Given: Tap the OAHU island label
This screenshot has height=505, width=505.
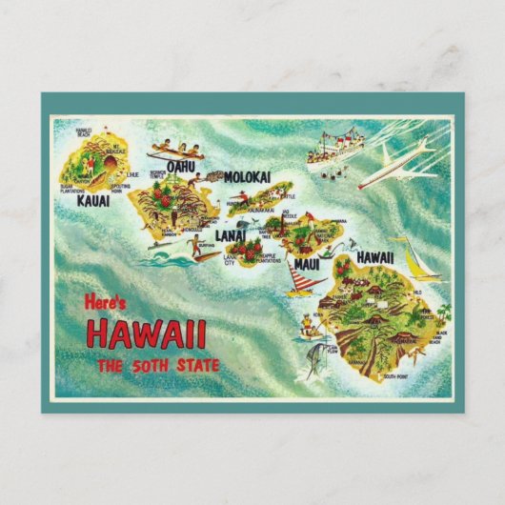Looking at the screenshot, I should point(180,167).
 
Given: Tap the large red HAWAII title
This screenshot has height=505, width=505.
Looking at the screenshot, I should point(146,334).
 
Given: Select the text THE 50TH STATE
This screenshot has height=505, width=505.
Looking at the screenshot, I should point(158,366).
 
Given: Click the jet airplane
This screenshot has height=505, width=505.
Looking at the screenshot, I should point(398,162).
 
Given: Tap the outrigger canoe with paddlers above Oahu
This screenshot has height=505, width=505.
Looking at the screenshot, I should point(177,151).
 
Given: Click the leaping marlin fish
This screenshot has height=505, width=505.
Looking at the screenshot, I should point(313,356).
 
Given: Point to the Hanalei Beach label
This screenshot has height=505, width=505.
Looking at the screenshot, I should point(85,130).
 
